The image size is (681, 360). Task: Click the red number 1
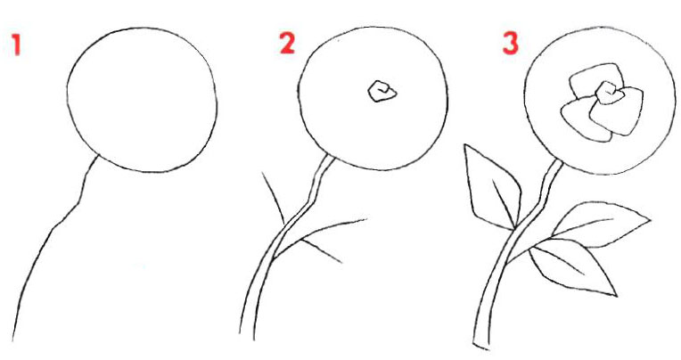tap(17, 45)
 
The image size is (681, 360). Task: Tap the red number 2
tap(287, 44)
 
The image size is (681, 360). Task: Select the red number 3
tap(511, 44)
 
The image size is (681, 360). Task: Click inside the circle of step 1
tap(142, 100)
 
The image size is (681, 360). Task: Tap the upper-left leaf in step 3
tap(492, 187)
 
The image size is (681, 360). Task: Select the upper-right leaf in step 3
tap(602, 224)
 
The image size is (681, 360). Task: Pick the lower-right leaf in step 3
tap(573, 266)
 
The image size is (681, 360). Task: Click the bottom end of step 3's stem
tap(480, 347)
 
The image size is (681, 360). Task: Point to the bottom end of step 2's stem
tap(247, 336)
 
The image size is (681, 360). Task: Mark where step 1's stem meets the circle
tap(99, 155)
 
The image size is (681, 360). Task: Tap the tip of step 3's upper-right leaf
tap(651, 220)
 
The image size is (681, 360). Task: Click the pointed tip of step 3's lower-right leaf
tap(617, 297)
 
